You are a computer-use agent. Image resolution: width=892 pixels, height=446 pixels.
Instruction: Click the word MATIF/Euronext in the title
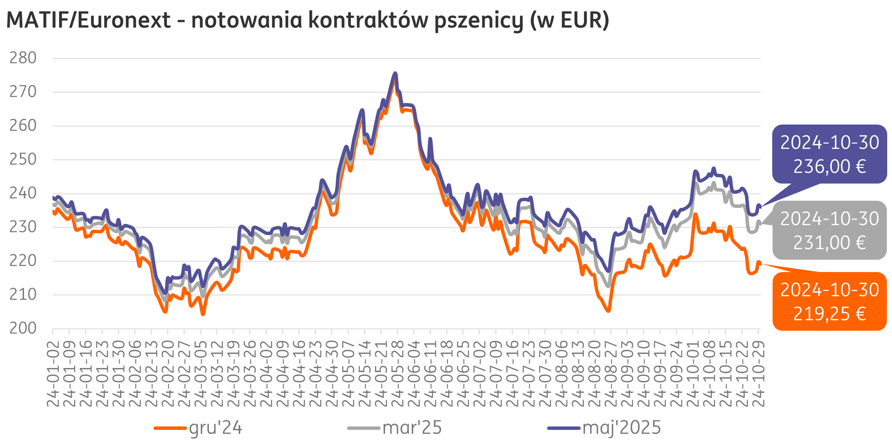click(x=88, y=20)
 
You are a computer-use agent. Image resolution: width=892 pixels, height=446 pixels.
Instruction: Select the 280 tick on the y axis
click(x=23, y=58)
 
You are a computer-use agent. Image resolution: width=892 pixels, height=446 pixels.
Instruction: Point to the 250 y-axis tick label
click(x=23, y=159)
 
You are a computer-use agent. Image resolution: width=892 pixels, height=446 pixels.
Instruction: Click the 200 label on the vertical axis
click(x=23, y=328)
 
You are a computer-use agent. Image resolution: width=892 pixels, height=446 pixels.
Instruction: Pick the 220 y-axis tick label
click(x=23, y=261)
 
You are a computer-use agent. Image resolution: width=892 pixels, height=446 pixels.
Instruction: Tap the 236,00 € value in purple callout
click(x=829, y=166)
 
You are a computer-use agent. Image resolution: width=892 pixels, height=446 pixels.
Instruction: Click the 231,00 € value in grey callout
click(x=829, y=243)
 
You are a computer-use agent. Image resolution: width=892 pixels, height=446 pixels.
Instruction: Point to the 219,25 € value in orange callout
click(x=829, y=314)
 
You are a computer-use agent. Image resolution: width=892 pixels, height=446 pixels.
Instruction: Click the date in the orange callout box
click(x=829, y=290)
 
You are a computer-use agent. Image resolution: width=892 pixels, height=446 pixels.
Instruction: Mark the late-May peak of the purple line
click(x=395, y=73)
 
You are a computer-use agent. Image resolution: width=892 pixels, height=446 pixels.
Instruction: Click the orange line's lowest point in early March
click(x=203, y=314)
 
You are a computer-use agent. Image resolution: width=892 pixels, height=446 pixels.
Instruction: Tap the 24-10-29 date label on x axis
click(x=758, y=374)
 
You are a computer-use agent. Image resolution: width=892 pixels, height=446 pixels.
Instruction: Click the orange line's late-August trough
click(x=609, y=310)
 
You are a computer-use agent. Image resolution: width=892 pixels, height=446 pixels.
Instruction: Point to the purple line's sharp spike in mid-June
click(x=430, y=139)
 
